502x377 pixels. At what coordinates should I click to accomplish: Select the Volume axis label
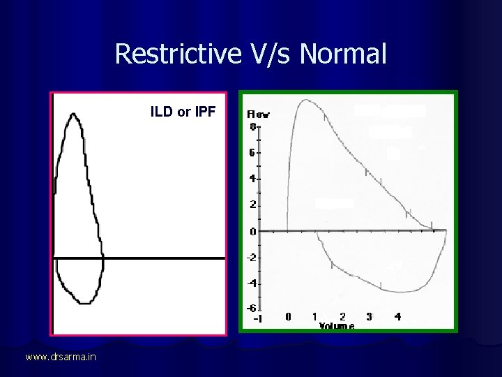(337, 325)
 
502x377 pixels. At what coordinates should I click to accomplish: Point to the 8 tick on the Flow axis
(252, 126)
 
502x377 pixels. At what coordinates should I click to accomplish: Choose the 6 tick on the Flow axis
(252, 152)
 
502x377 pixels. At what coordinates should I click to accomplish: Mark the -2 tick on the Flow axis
(251, 258)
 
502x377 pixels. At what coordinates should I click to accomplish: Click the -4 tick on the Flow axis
(251, 283)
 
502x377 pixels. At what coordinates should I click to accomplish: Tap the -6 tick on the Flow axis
(251, 308)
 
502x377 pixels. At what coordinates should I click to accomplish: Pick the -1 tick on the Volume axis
(257, 318)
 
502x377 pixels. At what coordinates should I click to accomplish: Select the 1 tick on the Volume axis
(315, 316)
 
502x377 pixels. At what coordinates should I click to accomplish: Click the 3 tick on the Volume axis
(369, 316)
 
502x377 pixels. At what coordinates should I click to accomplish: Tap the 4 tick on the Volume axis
(397, 316)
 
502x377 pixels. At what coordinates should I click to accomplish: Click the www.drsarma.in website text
(61, 357)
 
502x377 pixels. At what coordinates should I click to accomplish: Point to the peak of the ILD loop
(73, 114)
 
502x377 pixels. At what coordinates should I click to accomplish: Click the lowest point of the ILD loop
(84, 302)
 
